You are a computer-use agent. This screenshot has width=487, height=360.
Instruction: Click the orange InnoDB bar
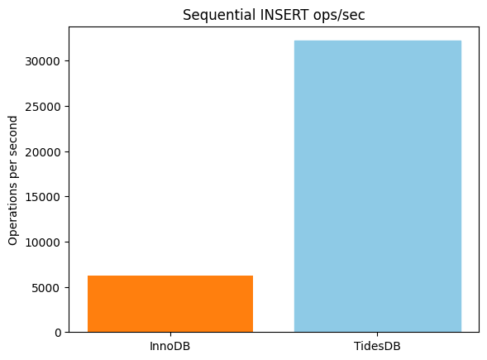(x=169, y=304)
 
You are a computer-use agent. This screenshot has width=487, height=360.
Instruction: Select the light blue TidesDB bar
(x=377, y=186)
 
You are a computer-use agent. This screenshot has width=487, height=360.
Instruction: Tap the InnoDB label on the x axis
(x=169, y=345)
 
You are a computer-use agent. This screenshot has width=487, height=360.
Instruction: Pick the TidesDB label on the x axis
(x=377, y=345)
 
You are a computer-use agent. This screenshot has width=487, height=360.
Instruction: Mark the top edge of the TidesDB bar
(x=377, y=41)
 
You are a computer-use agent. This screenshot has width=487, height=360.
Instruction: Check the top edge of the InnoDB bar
(x=169, y=276)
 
